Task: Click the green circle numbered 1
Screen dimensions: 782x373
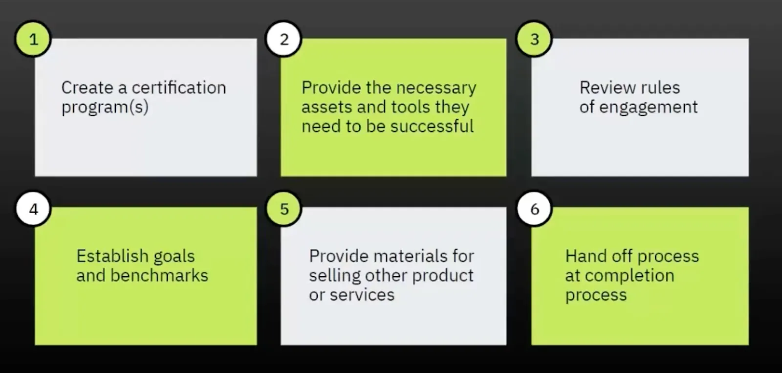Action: point(33,39)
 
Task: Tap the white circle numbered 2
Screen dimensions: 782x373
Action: point(283,39)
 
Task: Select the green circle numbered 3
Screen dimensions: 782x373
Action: point(534,39)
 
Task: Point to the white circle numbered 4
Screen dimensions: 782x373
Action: point(34,209)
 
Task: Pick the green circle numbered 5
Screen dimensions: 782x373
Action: point(284,209)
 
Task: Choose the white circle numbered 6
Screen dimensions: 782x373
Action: point(535,209)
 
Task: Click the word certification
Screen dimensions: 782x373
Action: point(179,88)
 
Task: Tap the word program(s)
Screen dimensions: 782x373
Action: point(105,107)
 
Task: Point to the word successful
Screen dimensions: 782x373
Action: point(432,126)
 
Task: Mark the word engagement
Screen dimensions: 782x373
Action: point(648,108)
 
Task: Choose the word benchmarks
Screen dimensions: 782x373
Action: point(159,275)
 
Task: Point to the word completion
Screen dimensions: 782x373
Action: point(630,276)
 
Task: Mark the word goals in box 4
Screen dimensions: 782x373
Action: point(174,257)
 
